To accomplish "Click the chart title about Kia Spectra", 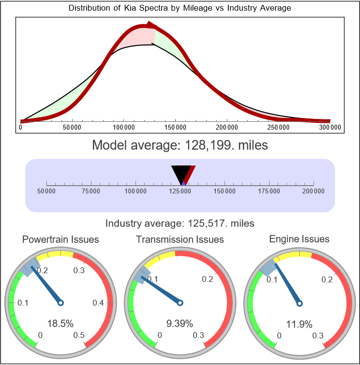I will tap(180, 8).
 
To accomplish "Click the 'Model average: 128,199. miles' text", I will tap(180, 145).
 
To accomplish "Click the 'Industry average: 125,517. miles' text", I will tap(180, 223).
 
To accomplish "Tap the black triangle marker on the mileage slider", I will tap(181, 173).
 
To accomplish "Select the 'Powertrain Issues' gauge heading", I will tap(60, 239).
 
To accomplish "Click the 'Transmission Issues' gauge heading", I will tap(180, 239).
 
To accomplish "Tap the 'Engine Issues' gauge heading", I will tap(299, 239).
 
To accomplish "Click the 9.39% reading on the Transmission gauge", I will tap(180, 323).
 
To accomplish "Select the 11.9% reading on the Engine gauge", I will tap(299, 323).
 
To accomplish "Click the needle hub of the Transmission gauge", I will tap(180, 303).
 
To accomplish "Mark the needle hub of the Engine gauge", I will tap(299, 303).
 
